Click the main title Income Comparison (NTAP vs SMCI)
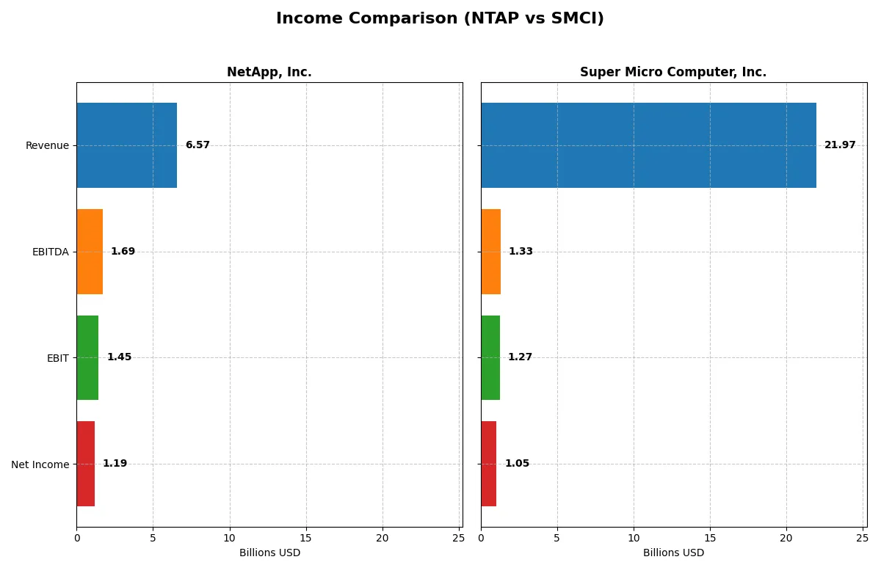[440, 19]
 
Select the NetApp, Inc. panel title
[269, 73]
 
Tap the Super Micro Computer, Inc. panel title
[672, 73]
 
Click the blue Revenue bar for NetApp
[126, 145]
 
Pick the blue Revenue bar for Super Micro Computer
[648, 145]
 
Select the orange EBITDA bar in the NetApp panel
[90, 252]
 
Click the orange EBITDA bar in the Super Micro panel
[491, 252]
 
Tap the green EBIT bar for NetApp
[87, 358]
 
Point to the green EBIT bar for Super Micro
[490, 358]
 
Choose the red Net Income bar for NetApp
[85, 464]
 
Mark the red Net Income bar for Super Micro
[489, 464]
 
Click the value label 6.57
[197, 145]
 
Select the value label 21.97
[840, 145]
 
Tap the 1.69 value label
[123, 252]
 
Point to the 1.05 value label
[517, 464]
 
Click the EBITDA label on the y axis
[50, 252]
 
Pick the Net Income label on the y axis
[40, 464]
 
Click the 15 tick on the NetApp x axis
[306, 538]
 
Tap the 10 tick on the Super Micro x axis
[634, 538]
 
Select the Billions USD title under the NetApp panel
[269, 553]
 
